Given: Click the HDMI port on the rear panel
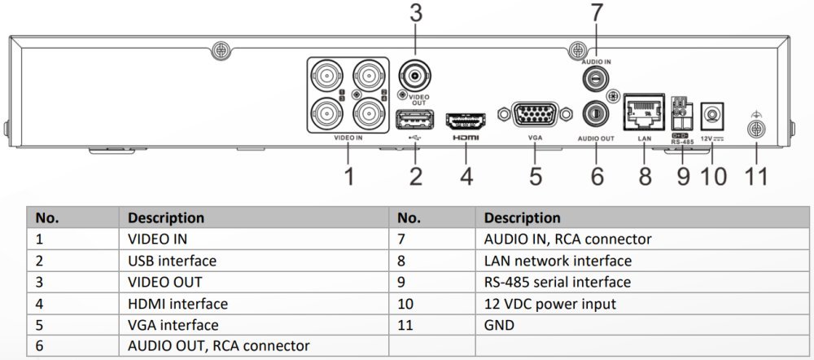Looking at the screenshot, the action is click(466, 121).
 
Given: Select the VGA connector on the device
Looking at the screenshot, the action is click(535, 114).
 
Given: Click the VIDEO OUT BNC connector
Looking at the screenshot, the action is click(415, 76).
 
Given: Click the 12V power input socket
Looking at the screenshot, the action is click(712, 116).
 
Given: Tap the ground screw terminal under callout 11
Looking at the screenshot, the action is click(755, 129).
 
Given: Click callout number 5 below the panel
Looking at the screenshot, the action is click(536, 176).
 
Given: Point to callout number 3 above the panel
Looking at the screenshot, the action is click(416, 14).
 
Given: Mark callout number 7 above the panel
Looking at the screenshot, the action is click(596, 13).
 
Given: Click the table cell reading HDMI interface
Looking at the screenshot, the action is click(177, 303).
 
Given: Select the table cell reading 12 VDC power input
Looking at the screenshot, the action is click(549, 303).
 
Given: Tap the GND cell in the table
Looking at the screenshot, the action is click(499, 325).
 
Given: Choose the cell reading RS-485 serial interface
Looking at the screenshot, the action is click(557, 282).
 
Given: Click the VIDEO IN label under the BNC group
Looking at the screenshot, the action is click(348, 138).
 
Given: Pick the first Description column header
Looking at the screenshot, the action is click(165, 217).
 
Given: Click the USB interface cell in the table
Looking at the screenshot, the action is click(172, 261).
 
